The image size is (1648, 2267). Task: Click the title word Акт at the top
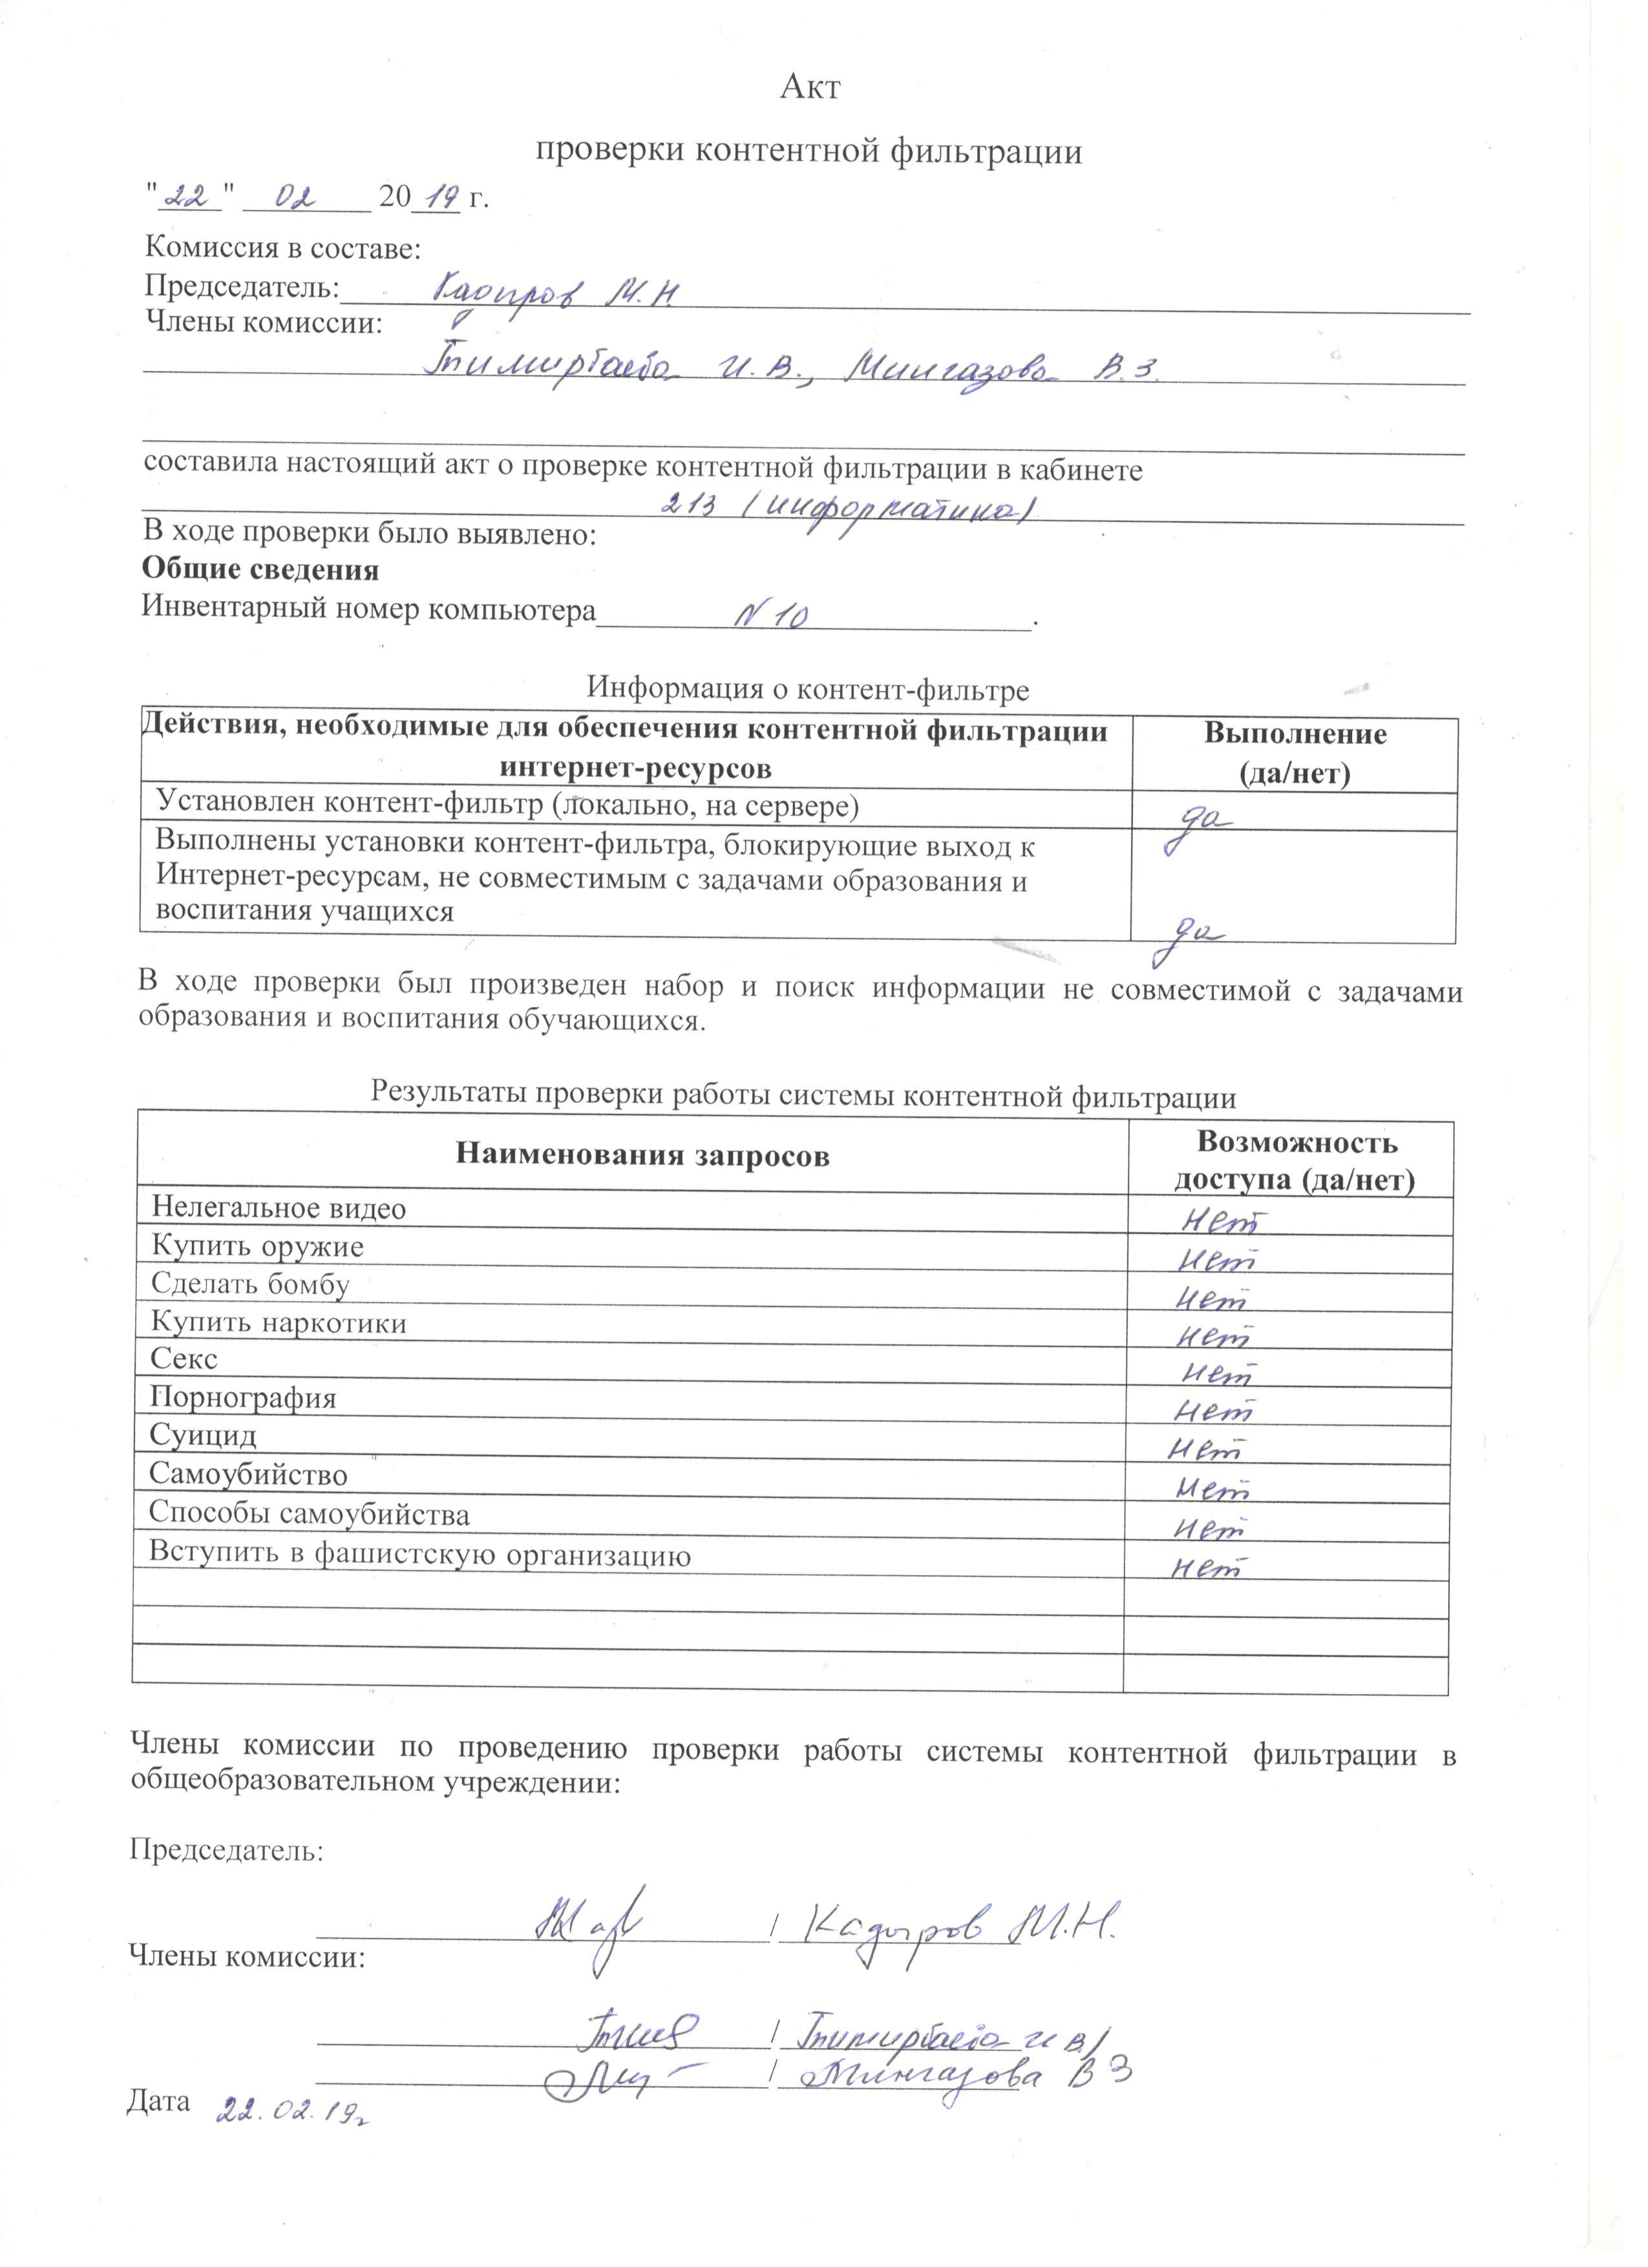tap(810, 87)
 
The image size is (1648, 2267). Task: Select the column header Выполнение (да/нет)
tap(1294, 754)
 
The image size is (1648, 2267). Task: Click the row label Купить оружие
tap(258, 1246)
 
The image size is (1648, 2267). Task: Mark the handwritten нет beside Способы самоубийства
tap(1209, 1528)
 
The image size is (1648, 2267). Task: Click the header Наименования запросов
tap(642, 1156)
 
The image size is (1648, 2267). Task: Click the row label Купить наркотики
tap(279, 1323)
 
